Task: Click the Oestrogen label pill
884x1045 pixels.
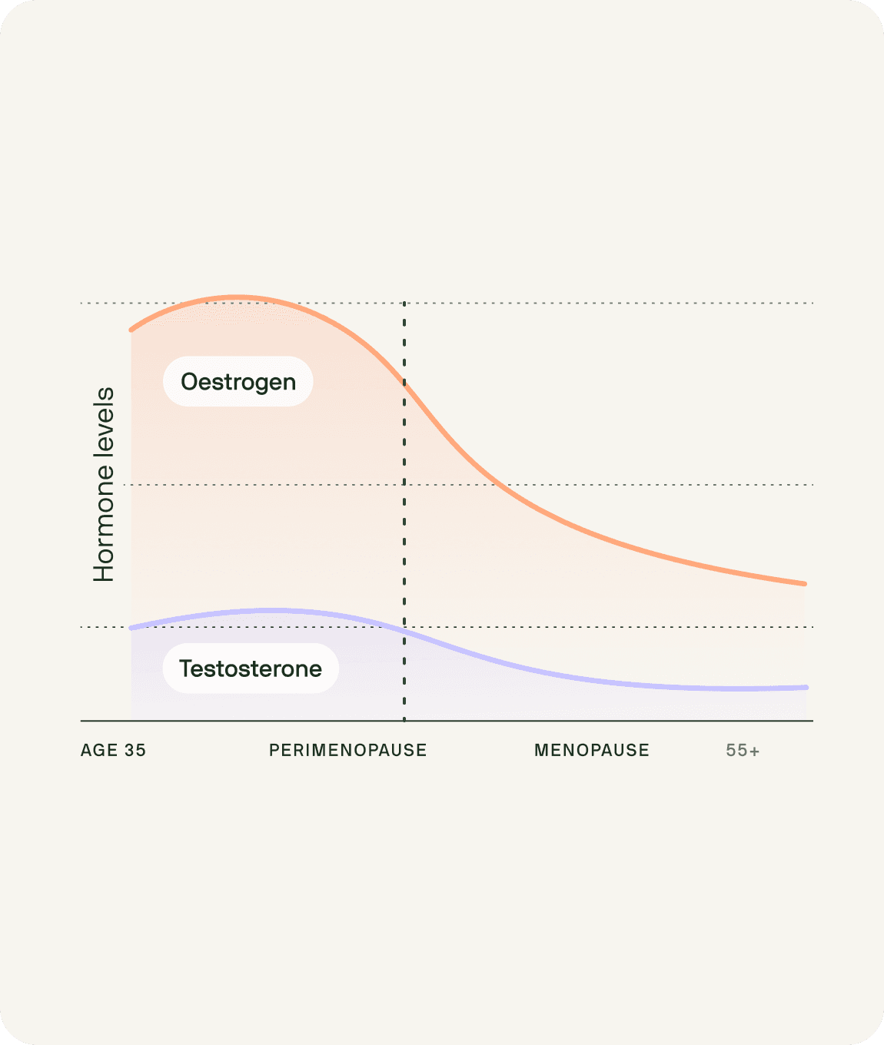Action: (x=238, y=381)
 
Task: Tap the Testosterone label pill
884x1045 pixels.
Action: (x=251, y=668)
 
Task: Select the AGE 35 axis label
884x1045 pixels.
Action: (x=113, y=750)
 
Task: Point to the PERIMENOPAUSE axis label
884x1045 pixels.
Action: (x=347, y=750)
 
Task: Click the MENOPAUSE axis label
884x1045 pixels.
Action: (x=591, y=750)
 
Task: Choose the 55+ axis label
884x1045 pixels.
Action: (x=743, y=750)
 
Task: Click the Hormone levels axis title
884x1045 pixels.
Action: (x=104, y=484)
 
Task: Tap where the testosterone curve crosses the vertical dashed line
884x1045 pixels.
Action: (x=404, y=630)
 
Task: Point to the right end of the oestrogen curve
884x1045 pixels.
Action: (x=804, y=584)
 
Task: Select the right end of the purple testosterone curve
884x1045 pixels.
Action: (x=806, y=687)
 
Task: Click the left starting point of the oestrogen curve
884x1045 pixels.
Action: (x=131, y=330)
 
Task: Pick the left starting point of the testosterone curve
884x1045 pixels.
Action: (x=131, y=628)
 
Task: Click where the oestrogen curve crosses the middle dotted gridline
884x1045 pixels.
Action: (x=496, y=485)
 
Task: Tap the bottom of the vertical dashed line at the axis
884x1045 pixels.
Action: (x=404, y=720)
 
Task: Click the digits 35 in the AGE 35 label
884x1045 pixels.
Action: (x=135, y=750)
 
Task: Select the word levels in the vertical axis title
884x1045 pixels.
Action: (x=104, y=420)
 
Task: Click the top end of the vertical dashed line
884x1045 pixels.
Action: (x=404, y=304)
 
